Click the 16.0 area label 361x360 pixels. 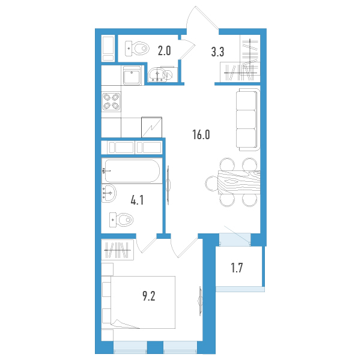click(201, 134)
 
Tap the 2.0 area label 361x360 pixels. click(164, 51)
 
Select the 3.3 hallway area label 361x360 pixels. click(217, 52)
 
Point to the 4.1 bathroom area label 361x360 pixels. click(137, 200)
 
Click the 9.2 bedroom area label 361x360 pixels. click(149, 296)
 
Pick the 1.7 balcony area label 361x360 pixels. click(237, 268)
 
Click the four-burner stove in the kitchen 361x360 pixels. click(112, 101)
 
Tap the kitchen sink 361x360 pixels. click(132, 76)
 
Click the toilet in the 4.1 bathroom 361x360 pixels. click(121, 220)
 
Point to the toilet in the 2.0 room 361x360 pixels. click(137, 49)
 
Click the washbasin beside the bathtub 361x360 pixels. click(109, 193)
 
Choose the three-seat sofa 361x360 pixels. click(247, 119)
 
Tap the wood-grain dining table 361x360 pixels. click(239, 182)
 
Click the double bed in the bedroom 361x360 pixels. click(143, 302)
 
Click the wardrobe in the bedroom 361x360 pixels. click(118, 250)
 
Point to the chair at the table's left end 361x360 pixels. click(211, 183)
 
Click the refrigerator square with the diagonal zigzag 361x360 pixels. click(152, 127)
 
